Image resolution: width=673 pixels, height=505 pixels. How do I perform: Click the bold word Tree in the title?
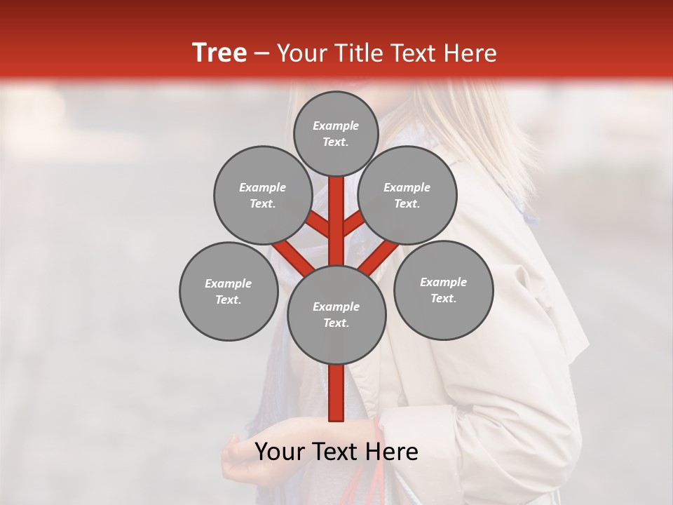[x=219, y=53]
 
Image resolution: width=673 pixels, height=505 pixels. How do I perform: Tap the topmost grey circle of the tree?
[x=336, y=133]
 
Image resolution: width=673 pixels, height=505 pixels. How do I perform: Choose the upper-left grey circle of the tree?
[x=263, y=195]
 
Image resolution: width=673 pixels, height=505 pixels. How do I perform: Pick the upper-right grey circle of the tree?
[x=407, y=195]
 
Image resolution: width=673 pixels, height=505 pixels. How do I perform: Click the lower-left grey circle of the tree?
[x=229, y=291]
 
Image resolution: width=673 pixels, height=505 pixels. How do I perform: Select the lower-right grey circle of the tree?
[x=443, y=290]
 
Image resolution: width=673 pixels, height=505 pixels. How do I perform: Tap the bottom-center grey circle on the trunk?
[x=336, y=314]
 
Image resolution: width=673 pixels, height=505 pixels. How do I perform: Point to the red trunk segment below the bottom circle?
[x=336, y=393]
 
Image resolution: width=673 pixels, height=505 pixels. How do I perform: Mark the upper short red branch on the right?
[x=353, y=223]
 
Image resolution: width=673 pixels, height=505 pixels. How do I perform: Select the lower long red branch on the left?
[x=293, y=257]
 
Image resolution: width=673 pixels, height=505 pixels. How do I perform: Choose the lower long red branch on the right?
[x=379, y=257]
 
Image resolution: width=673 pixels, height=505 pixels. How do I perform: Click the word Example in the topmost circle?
[x=336, y=126]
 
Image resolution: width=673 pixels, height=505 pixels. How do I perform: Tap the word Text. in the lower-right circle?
[x=443, y=298]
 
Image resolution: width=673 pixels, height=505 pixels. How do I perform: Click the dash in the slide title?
[x=261, y=53]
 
